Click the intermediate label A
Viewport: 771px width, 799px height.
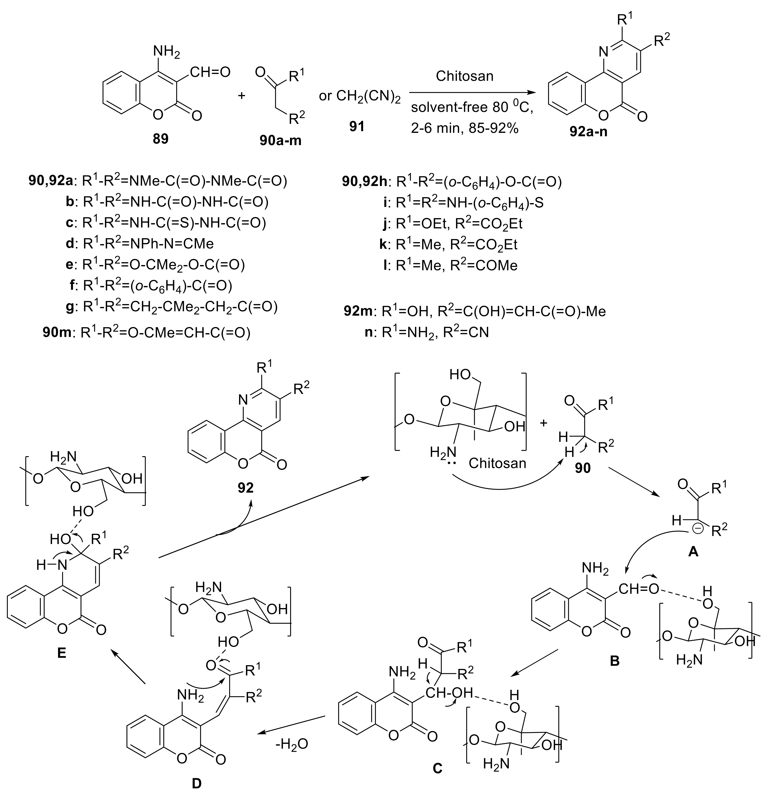[x=693, y=552]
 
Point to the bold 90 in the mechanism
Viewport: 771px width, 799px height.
[x=582, y=468]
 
